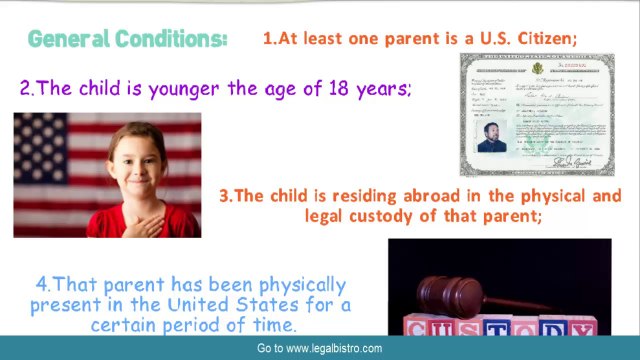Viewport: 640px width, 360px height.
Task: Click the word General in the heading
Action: pos(66,39)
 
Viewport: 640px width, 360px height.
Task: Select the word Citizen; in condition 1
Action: pos(546,38)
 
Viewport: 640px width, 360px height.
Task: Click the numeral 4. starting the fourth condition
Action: pos(44,282)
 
